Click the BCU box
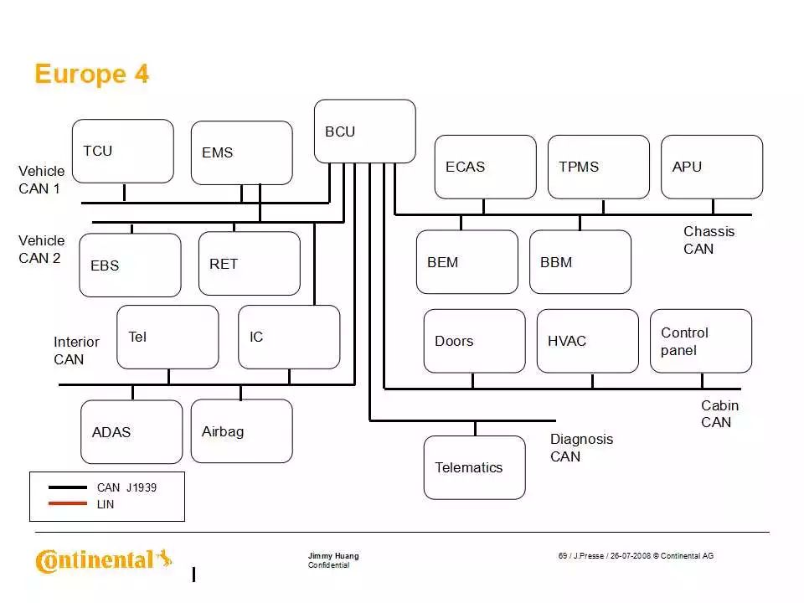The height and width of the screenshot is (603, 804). (x=364, y=131)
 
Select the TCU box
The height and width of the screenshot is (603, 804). (x=123, y=151)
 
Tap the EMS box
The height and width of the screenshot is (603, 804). (x=241, y=152)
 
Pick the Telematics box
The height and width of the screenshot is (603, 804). (x=474, y=467)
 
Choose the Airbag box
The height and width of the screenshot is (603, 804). (x=241, y=430)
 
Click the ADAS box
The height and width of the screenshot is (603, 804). (x=131, y=432)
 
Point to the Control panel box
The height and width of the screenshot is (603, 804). (x=701, y=341)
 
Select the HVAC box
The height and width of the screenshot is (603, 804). (x=587, y=341)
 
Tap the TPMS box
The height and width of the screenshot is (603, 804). (x=598, y=167)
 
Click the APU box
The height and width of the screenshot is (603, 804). (x=712, y=167)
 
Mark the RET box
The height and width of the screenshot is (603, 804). (x=249, y=264)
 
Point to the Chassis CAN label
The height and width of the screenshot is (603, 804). (x=709, y=240)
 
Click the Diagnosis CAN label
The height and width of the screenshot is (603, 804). (x=581, y=448)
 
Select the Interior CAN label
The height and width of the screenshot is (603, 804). (x=76, y=351)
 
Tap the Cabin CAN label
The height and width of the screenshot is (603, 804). (x=719, y=414)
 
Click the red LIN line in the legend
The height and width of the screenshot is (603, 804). (x=68, y=504)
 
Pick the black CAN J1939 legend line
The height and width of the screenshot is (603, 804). (x=68, y=487)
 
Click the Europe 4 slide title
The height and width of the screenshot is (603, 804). (x=91, y=75)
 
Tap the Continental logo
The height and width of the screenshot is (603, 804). (x=103, y=559)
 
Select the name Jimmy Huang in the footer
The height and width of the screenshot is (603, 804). (x=333, y=556)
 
